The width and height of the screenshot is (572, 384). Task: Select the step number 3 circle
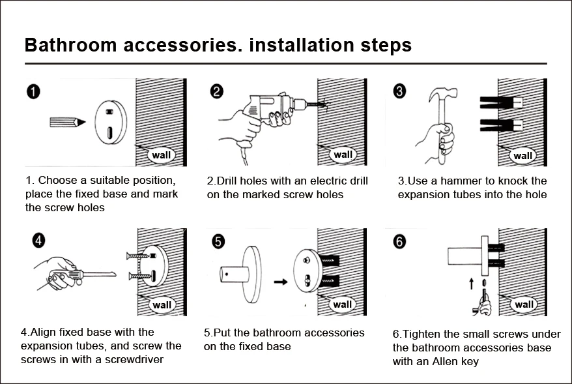tap(400, 91)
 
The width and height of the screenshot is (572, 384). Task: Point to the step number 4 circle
tap(39, 241)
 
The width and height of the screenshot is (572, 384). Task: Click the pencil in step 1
tap(68, 122)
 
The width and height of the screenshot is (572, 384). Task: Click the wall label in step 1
tap(160, 155)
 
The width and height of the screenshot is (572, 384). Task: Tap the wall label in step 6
tap(524, 304)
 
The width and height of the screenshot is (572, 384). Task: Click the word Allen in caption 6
tap(465, 361)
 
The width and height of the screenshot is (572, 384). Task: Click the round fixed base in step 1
tap(109, 121)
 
